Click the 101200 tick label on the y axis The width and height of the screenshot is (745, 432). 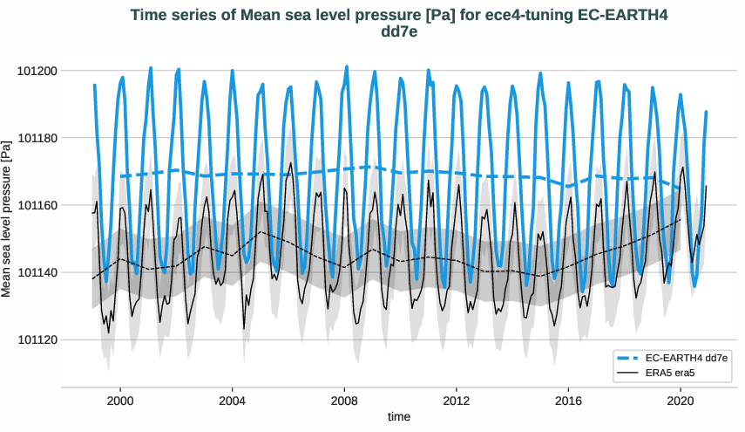(37, 71)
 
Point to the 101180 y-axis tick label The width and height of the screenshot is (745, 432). (37, 138)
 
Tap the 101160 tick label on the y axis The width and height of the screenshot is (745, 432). (37, 205)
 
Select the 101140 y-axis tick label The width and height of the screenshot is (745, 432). (37, 272)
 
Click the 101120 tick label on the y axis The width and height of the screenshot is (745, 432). (37, 339)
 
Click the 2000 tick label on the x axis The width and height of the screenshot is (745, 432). (119, 399)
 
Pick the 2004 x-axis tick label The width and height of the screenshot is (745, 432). (232, 399)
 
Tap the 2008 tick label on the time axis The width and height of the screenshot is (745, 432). (344, 399)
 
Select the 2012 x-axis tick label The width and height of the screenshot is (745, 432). (456, 399)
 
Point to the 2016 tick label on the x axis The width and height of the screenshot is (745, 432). (568, 399)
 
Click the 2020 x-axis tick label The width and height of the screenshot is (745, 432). (681, 399)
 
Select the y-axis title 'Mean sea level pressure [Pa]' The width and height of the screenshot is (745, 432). (8, 216)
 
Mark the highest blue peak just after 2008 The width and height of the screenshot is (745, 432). (347, 66)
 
